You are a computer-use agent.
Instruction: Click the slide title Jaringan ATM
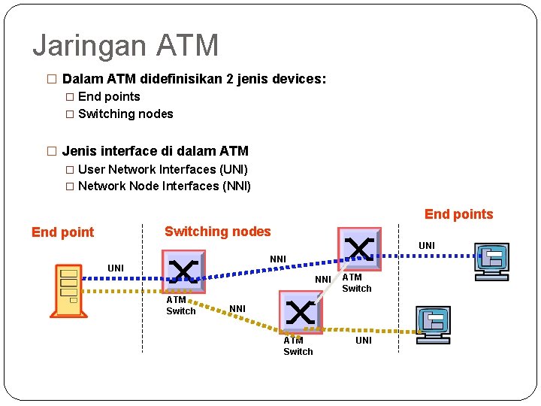pos(125,45)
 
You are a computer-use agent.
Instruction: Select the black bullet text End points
pos(109,96)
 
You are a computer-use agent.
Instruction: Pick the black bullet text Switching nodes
pos(125,114)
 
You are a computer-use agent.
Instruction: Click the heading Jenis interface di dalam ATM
pos(155,151)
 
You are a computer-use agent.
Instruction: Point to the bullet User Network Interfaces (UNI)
pos(162,169)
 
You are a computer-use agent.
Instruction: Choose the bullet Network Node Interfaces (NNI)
pos(164,186)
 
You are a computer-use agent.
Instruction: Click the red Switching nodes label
pos(217,232)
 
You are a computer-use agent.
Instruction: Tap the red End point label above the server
pos(63,232)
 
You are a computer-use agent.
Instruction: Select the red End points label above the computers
pos(458,214)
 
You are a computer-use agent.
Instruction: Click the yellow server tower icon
pos(70,289)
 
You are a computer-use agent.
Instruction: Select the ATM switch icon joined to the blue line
pos(359,247)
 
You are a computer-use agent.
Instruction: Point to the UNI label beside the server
pos(116,268)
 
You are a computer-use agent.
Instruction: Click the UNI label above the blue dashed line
pos(427,246)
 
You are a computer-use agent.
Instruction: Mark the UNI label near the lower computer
pos(364,341)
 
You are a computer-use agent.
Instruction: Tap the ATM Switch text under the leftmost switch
pos(180,305)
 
